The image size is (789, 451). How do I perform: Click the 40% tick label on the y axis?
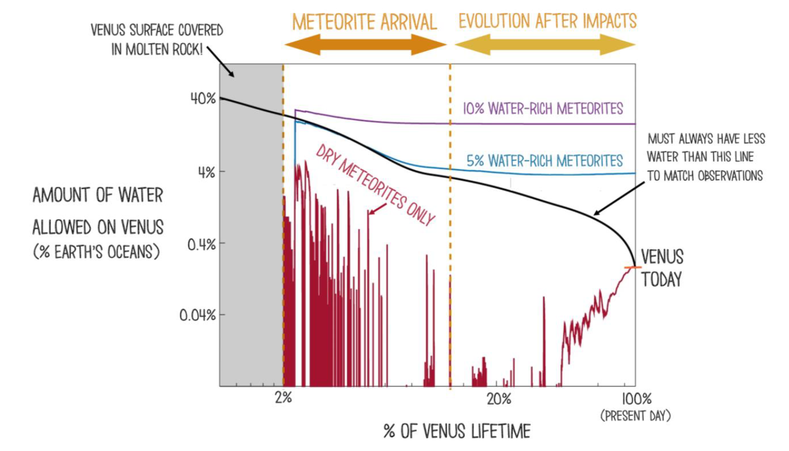click(x=203, y=99)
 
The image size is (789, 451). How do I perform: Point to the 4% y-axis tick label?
click(x=206, y=173)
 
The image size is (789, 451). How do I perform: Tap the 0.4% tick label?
click(x=201, y=245)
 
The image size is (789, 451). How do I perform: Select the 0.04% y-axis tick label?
click(x=198, y=315)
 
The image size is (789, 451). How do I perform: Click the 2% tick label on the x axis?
click(x=283, y=398)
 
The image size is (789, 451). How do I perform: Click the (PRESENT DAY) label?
click(x=636, y=416)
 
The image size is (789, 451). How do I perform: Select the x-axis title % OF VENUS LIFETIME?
click(x=457, y=432)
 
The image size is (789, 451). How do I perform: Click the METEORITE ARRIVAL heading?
click(x=364, y=22)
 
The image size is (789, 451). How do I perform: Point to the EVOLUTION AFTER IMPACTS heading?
click(x=548, y=21)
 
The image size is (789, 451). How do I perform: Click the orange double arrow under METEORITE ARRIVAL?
click(x=365, y=44)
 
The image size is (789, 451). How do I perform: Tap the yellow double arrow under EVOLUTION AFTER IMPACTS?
click(x=545, y=45)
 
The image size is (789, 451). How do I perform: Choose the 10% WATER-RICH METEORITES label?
click(x=542, y=109)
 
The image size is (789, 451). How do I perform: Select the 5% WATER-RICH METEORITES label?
click(x=544, y=161)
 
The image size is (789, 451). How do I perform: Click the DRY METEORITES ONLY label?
click(x=376, y=185)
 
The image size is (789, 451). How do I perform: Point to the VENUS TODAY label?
click(x=662, y=268)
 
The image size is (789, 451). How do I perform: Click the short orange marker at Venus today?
click(x=632, y=267)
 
